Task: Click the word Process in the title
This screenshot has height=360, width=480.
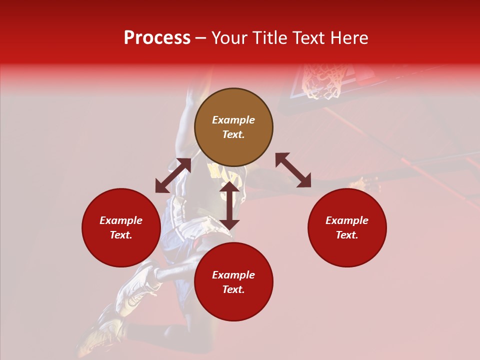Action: pos(157,38)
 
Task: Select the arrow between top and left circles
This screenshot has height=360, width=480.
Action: pos(173,175)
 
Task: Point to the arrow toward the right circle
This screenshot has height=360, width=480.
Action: pos(293,170)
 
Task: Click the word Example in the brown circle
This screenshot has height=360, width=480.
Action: pos(233,120)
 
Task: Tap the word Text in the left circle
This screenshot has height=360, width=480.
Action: pos(121,235)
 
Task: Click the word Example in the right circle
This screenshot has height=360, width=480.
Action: pos(347,220)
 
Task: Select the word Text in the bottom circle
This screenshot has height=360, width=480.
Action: pos(233,289)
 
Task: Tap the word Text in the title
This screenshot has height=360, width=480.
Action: pos(307,38)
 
